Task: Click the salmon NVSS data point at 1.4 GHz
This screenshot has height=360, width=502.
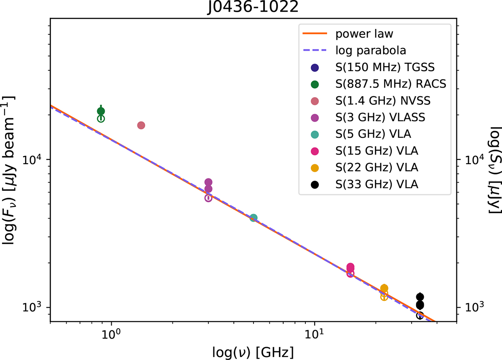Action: [141, 125]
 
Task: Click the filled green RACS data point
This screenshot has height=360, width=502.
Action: [101, 111]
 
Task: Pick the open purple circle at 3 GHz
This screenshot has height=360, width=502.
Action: [208, 198]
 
